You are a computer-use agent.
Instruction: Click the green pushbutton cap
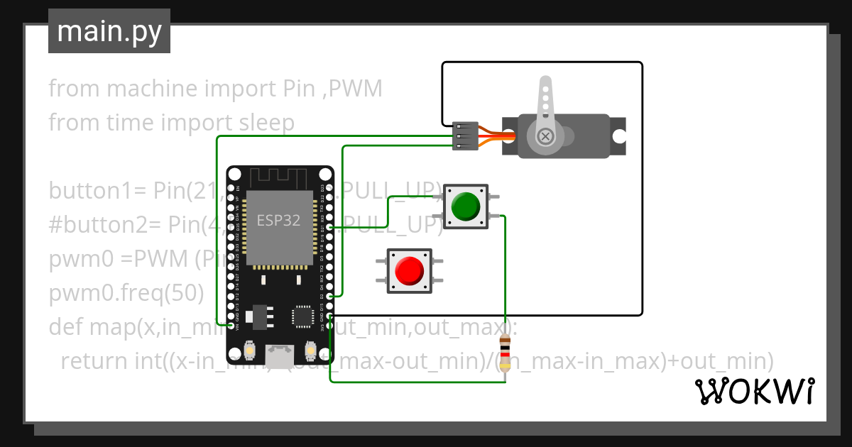pos(466,206)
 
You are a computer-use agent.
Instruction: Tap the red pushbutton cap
pos(409,270)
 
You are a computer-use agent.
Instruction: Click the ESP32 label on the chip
pos(278,220)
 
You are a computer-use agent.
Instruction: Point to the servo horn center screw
pos(545,136)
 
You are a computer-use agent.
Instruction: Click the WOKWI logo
pos(753,392)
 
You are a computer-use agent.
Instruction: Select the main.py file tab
pos(109,31)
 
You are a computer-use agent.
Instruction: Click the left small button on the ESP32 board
pos(250,350)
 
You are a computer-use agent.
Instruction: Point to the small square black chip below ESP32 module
pos(304,316)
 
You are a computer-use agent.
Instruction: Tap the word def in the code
pos(66,327)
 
